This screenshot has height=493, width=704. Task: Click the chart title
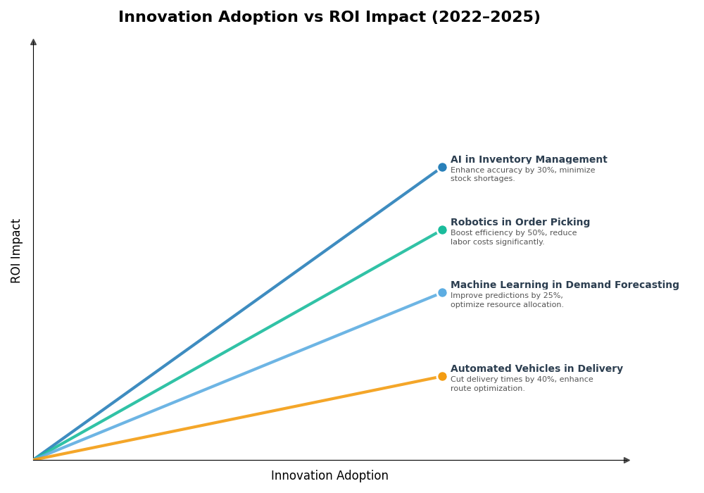click(329, 18)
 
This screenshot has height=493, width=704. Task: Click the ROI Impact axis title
click(16, 251)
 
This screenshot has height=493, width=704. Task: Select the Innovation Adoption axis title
click(329, 476)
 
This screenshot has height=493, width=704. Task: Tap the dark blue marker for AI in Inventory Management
click(442, 168)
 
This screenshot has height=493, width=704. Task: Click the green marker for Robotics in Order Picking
click(442, 230)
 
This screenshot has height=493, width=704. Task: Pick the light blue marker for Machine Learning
click(442, 293)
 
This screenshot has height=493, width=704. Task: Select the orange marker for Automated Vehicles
click(442, 377)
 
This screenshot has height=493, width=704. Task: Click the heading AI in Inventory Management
click(529, 160)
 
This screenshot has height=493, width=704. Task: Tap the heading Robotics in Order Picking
click(520, 223)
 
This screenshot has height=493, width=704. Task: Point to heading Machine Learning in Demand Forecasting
click(565, 285)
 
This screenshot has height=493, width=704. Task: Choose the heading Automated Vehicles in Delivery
click(536, 369)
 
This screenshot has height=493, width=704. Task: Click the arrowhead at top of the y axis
click(33, 42)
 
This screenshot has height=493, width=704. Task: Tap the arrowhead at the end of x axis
click(627, 461)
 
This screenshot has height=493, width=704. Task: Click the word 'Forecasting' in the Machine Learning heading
click(648, 285)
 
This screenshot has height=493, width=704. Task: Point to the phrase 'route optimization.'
click(488, 389)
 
